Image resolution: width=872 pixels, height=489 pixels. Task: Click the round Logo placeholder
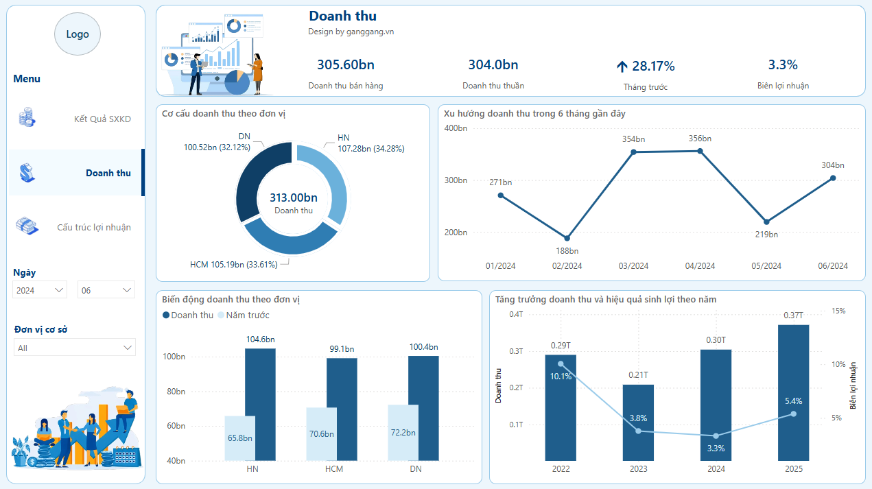[x=78, y=34]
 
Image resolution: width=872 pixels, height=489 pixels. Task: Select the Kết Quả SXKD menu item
[x=102, y=119]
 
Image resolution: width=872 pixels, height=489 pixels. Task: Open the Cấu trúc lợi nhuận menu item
[x=93, y=227]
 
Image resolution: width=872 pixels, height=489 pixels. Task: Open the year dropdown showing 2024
[x=40, y=290]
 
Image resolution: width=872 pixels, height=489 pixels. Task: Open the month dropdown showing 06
[x=106, y=290]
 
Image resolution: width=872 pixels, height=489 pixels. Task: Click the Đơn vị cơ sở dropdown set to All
[x=75, y=348]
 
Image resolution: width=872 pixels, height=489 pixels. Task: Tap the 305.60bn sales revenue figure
[x=346, y=65]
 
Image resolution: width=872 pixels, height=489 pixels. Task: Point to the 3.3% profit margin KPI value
[x=783, y=65]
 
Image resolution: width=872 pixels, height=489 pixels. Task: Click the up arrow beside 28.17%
[x=622, y=67]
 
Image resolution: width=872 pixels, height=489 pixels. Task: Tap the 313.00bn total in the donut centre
[x=294, y=198]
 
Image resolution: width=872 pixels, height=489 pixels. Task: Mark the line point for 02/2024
[x=567, y=238]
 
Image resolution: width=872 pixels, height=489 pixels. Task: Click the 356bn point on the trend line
[x=700, y=150]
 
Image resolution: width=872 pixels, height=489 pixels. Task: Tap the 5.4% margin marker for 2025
[x=793, y=414]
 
